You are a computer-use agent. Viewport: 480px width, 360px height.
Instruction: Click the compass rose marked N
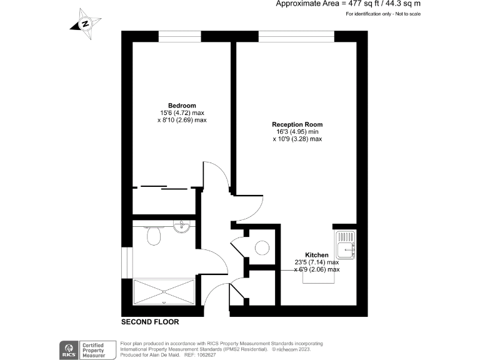84,24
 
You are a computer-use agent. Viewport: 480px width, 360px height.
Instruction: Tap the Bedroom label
182,105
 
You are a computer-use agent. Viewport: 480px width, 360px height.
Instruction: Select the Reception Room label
297,124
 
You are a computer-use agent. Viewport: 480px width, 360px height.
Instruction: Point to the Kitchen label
316,255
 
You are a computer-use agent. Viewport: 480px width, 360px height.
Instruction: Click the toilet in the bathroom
153,235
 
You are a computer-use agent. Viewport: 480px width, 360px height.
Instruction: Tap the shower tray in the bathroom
164,292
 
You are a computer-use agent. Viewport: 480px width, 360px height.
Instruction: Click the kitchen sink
346,245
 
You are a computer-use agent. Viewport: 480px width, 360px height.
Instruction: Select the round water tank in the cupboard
262,248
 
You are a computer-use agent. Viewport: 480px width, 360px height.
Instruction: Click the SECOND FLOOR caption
150,322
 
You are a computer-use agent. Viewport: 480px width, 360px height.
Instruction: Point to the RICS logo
67,349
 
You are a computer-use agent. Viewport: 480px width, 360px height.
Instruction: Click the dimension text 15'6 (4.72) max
182,112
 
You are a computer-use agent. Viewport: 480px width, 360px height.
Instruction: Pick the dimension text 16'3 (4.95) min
297,132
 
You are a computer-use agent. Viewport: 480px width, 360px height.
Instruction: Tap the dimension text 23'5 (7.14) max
316,262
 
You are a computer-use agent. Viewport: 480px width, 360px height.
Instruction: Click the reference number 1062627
206,354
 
